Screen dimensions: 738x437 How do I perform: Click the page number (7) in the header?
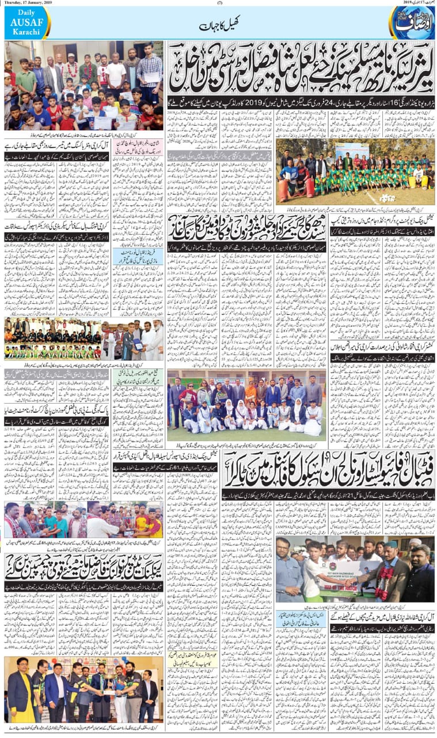pos(219,3)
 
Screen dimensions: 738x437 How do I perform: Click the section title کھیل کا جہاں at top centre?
pos(218,26)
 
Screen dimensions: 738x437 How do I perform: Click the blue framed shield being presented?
pos(137,344)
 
